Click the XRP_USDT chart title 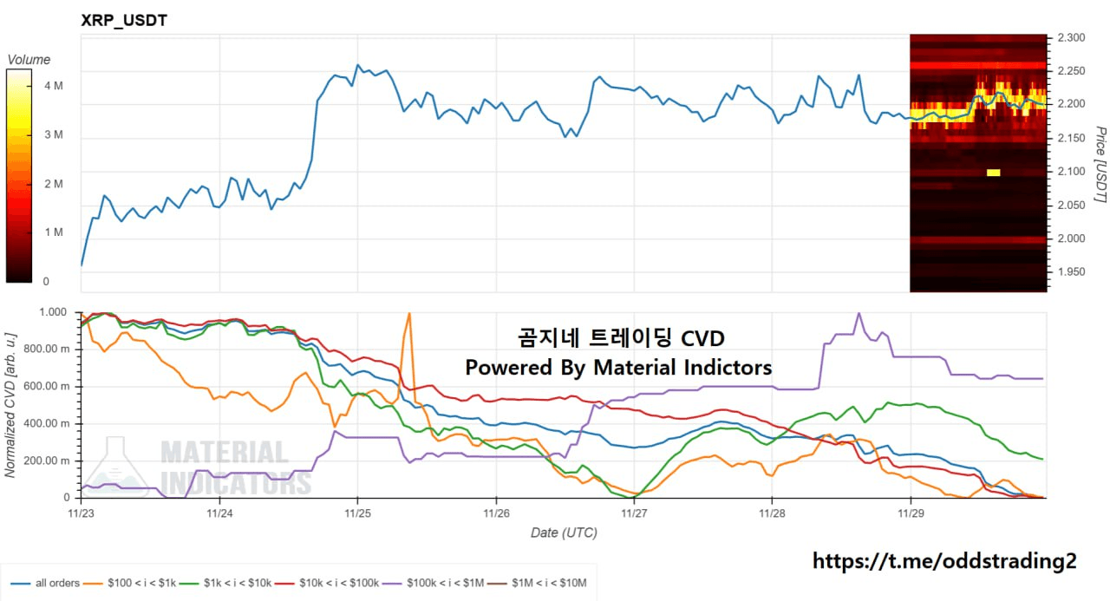(123, 20)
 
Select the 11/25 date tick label (357, 513)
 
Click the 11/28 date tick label (772, 513)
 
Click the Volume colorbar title (29, 60)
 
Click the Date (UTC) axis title (564, 532)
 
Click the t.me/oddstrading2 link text (943, 561)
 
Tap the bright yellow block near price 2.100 (994, 173)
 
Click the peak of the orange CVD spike (408, 313)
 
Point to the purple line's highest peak (859, 313)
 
